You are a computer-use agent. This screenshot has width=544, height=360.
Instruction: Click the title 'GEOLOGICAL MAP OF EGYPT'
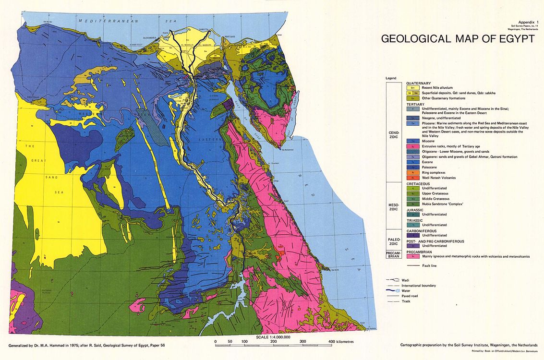(x=457, y=39)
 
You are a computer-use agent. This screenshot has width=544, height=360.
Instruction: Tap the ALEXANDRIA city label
(x=150, y=37)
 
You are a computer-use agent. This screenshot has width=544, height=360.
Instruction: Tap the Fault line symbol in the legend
(x=413, y=265)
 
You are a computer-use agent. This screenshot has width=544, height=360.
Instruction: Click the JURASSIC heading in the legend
(x=416, y=210)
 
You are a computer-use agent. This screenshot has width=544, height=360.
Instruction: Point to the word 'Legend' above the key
(x=390, y=78)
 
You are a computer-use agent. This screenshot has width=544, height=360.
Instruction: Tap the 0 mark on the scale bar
(x=216, y=341)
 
